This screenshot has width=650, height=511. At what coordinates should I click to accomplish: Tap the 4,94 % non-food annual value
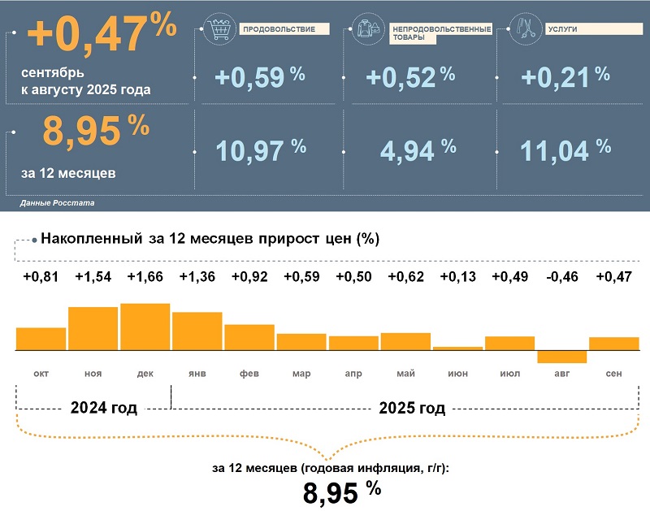pos(409,149)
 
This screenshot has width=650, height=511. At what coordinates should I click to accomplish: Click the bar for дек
pos(145,327)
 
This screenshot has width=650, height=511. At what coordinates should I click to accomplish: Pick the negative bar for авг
pos(562,357)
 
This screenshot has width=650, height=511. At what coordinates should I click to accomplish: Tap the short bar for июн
pos(458,348)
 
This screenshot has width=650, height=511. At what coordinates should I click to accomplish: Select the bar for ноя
pos(93,328)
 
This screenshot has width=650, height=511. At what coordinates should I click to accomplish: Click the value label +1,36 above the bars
pos(197,277)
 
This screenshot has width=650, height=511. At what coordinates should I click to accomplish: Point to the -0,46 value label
pos(562,277)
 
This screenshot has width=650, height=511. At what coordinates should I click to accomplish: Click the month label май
pos(405,373)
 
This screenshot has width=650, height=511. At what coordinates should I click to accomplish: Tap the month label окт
pos(41,373)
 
